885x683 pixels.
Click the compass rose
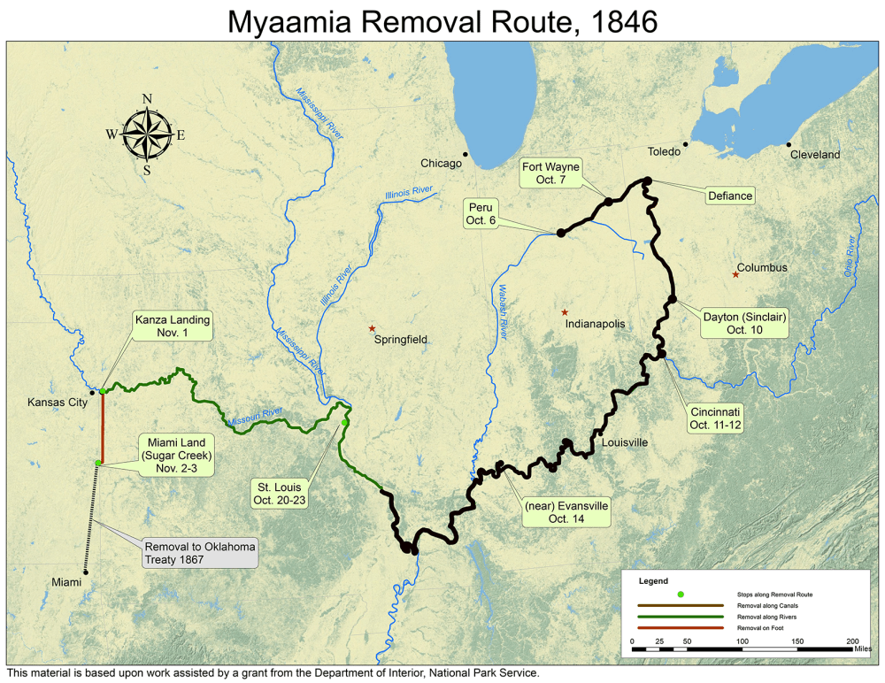point(147,134)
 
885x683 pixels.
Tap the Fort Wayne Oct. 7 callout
point(550,173)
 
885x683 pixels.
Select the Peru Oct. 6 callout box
point(481,213)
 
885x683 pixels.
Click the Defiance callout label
point(730,196)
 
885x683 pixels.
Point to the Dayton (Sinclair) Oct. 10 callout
point(744,323)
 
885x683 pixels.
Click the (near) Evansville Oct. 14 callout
point(566,512)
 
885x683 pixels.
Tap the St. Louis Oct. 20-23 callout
point(281,494)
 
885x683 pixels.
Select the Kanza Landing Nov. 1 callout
point(173,326)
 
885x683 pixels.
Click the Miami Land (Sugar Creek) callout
point(173,455)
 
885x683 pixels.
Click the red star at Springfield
point(372,328)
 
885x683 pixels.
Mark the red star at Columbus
point(735,274)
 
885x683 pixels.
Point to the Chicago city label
point(441,163)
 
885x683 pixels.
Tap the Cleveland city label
point(815,154)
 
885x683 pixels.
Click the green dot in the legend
point(681,594)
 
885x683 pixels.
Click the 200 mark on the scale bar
point(851,641)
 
